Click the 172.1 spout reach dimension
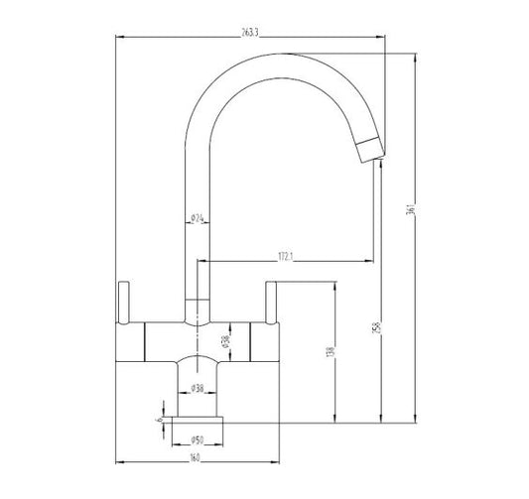point(288,257)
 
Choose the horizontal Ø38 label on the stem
point(198,388)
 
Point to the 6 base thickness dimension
point(158,420)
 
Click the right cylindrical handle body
point(263,342)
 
